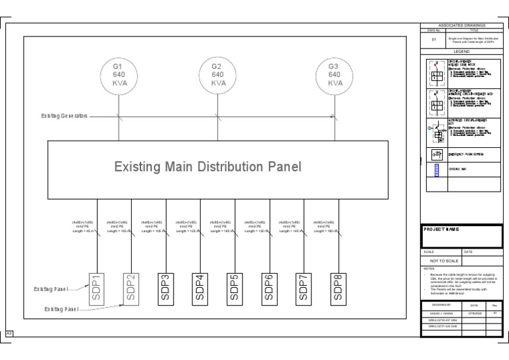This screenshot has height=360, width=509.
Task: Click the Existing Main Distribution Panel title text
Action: pos(208,166)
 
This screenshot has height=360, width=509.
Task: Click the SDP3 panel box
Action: pos(166,287)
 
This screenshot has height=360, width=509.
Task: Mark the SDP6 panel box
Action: pos(270,287)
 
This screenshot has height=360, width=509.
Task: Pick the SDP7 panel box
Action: pos(304,287)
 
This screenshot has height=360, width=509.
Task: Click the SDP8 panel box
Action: pos(339,287)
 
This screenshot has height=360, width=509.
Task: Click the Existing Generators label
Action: pos(64,115)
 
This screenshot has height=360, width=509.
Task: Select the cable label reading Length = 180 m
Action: pos(325,231)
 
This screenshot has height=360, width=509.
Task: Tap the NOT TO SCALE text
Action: pos(448,261)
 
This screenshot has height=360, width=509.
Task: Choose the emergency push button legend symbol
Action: pos(436,154)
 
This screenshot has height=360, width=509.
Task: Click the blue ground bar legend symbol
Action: pos(436,170)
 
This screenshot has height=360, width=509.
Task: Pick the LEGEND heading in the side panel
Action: pos(461,51)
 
